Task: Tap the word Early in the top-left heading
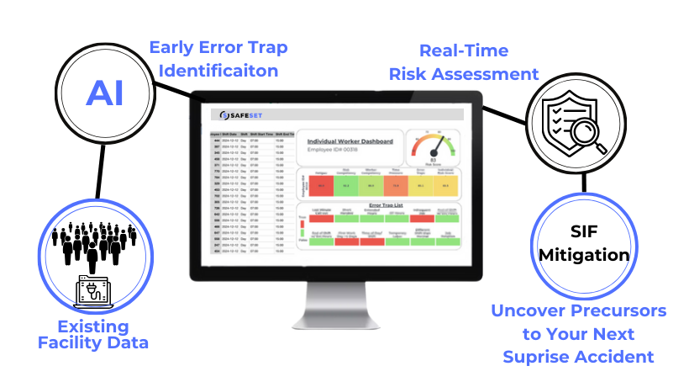pyautogui.click(x=171, y=47)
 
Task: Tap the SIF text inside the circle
pyautogui.click(x=581, y=229)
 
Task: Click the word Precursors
pyautogui.click(x=618, y=311)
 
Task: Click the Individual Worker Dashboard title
pyautogui.click(x=350, y=141)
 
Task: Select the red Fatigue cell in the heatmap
pyautogui.click(x=320, y=185)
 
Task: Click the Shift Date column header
pyautogui.click(x=229, y=133)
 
